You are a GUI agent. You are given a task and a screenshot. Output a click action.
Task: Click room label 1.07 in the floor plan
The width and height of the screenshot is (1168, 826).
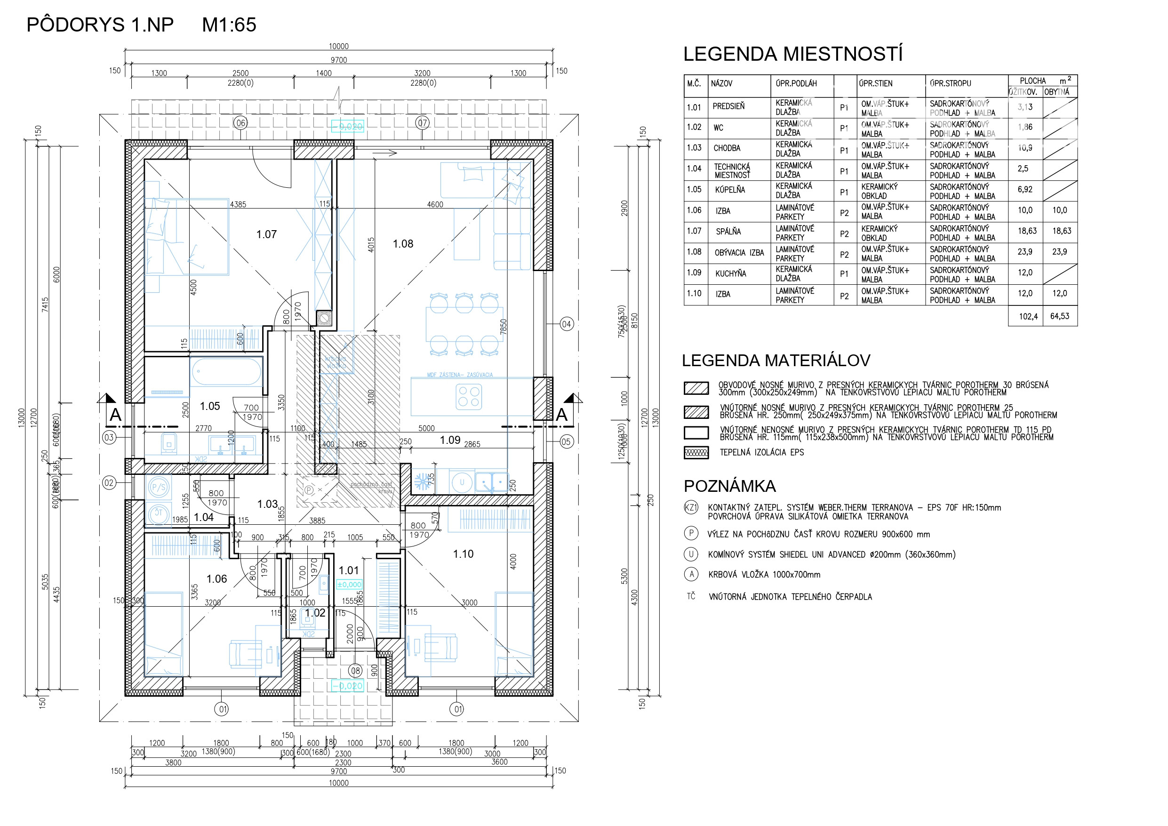266,234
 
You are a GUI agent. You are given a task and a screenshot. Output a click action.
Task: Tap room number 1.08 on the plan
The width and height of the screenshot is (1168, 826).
403,244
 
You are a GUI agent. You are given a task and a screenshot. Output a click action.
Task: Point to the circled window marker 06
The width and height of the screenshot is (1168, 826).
240,123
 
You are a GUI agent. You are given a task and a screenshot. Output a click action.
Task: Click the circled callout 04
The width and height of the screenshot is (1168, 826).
567,324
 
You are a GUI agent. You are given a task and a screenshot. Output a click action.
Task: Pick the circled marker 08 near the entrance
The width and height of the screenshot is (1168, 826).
356,671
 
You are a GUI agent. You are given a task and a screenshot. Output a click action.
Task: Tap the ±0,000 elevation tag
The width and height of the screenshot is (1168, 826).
350,585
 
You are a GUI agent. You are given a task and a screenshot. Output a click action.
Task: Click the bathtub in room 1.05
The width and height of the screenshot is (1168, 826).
226,371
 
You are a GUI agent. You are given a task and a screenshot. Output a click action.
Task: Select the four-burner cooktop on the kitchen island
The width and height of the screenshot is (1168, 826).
469,397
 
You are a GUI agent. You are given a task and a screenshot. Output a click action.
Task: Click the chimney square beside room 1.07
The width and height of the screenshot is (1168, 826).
324,319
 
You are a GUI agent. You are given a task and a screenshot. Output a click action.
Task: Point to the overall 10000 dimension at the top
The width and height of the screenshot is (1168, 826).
339,46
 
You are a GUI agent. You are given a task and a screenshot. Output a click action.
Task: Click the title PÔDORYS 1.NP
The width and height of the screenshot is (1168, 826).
100,25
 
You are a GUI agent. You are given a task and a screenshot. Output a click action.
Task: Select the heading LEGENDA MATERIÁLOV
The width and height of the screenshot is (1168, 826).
776,361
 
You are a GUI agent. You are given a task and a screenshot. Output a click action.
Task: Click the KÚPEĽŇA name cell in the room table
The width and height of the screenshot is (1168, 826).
730,190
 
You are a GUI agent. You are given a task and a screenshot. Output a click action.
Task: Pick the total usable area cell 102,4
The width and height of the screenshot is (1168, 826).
1028,317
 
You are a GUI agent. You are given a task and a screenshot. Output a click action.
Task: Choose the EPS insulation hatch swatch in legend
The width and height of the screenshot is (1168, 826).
696,453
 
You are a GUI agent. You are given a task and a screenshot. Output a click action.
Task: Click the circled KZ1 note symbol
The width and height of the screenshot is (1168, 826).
691,507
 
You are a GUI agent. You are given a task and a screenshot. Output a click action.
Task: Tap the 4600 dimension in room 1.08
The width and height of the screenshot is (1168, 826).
435,205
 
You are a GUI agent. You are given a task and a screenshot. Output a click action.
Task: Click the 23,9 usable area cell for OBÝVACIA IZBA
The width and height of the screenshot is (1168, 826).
1025,252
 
